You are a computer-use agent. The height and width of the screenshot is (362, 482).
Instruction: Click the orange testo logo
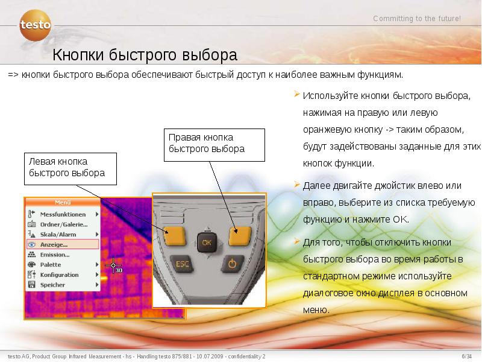click(x=36, y=26)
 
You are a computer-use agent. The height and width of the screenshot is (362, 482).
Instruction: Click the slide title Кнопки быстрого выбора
click(x=145, y=56)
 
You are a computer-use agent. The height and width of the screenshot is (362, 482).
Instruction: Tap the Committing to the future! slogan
click(x=417, y=19)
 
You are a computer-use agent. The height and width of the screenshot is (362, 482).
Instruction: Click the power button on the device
click(x=233, y=264)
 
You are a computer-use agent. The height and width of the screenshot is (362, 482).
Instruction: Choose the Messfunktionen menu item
click(x=63, y=214)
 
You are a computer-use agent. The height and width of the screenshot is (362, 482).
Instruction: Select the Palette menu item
click(x=51, y=265)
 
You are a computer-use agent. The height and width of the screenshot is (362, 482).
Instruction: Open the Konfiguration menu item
click(x=60, y=275)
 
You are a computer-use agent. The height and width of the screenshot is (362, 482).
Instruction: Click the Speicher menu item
click(x=52, y=284)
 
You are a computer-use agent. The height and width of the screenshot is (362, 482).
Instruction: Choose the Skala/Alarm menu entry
click(x=58, y=234)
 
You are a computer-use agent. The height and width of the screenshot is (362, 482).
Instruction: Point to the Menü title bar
click(x=62, y=203)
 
